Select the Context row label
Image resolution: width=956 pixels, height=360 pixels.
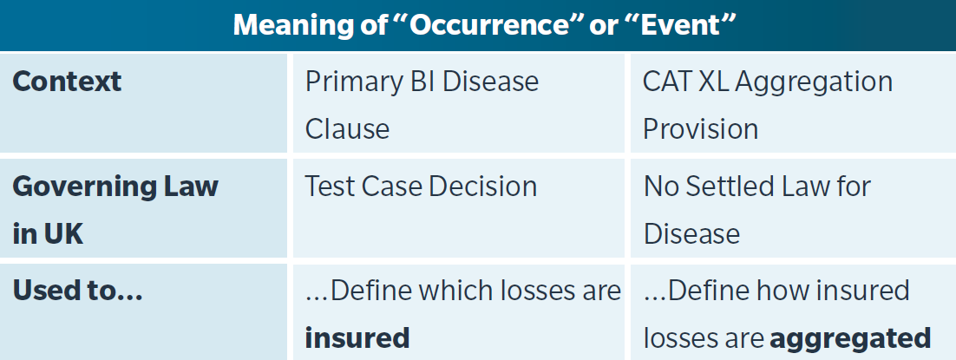(67, 82)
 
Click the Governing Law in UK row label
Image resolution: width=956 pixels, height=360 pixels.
(115, 210)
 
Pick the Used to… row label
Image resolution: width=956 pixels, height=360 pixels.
(77, 291)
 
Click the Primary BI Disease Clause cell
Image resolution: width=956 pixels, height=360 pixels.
(422, 105)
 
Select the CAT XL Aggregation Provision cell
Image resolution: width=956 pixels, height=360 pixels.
(768, 105)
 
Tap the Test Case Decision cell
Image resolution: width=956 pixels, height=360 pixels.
(421, 187)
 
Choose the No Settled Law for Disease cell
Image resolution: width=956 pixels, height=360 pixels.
(757, 210)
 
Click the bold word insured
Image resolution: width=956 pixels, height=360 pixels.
(357, 338)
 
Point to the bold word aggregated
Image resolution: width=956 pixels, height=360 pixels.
(850, 338)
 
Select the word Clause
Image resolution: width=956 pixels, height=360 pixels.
(347, 128)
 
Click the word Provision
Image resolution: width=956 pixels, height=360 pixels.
(701, 128)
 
